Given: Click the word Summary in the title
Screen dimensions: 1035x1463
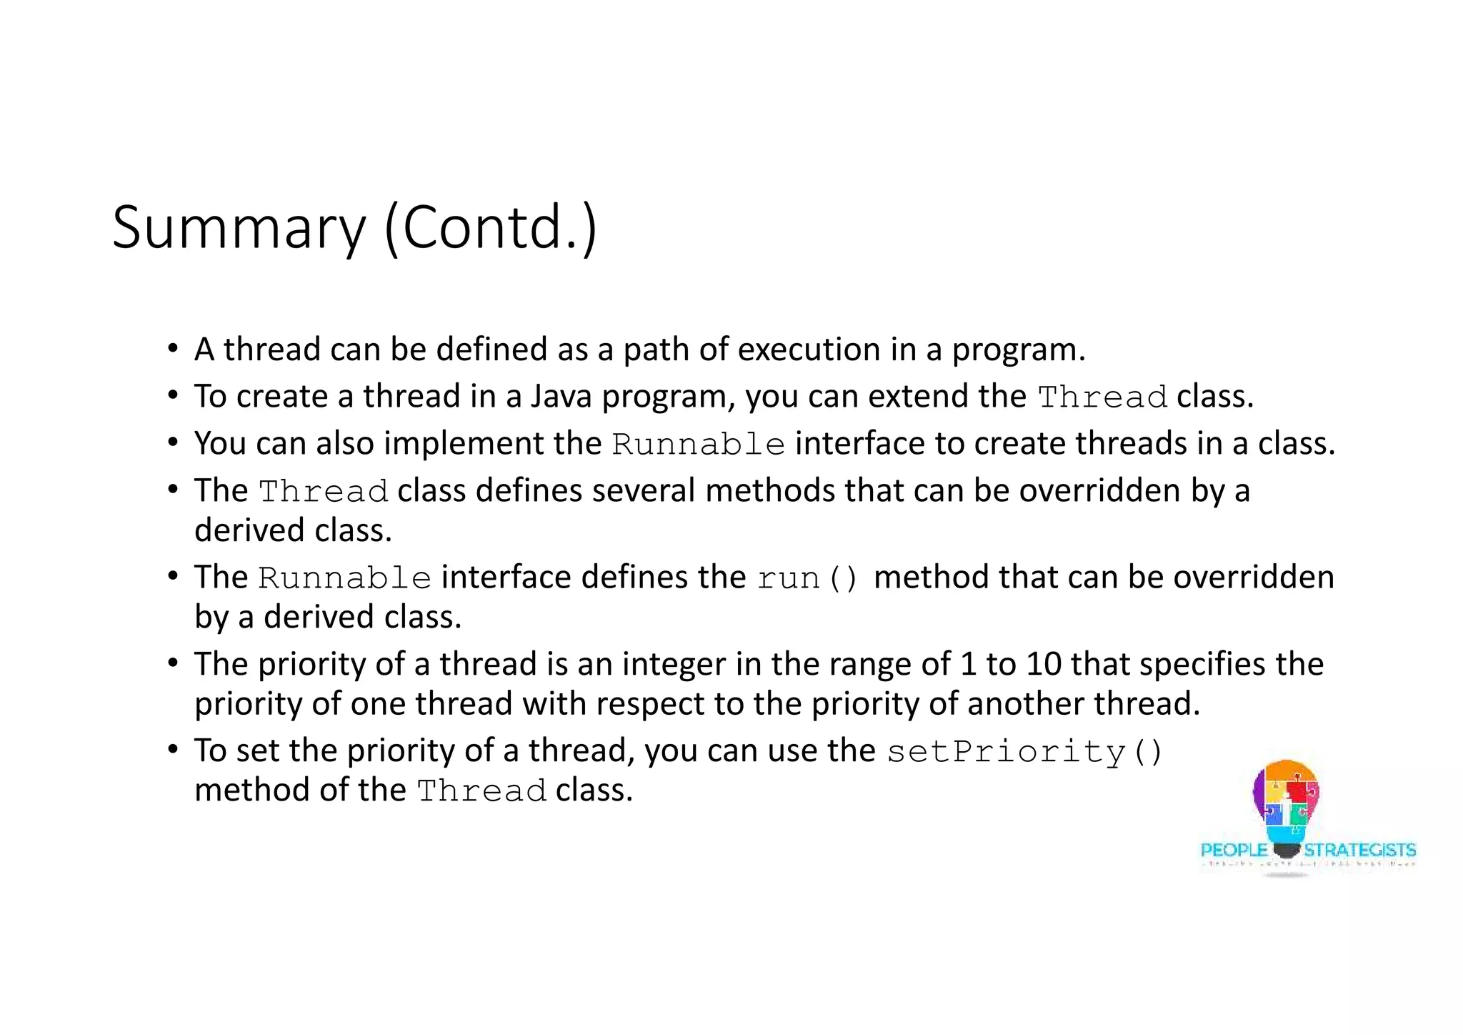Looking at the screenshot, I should pos(239,228).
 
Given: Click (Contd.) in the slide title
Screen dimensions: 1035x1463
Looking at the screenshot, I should pos(490,228).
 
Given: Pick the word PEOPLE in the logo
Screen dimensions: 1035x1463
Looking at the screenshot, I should pos(1234,850).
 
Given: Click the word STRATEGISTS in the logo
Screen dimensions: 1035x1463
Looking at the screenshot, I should pos(1360,850).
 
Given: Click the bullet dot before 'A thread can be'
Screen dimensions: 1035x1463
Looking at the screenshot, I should pos(173,350).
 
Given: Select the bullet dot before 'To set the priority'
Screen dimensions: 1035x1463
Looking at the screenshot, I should pos(173,751).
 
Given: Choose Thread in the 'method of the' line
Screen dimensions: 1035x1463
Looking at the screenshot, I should pos(481,791).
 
